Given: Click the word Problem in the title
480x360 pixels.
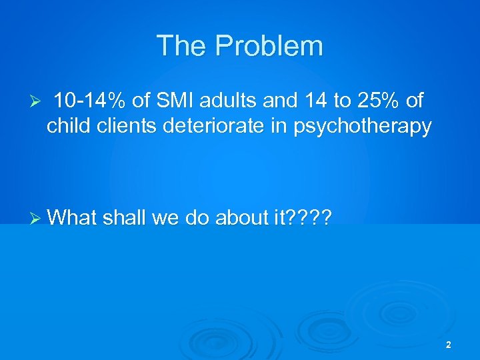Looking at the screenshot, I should pos(269,46).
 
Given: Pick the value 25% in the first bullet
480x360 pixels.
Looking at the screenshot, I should pos(374,101).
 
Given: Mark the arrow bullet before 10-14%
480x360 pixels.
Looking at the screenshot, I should pos(37,102).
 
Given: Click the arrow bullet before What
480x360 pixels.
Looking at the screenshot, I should pos(37,217).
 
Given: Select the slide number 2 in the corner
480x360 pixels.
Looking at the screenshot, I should pos(448,345).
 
